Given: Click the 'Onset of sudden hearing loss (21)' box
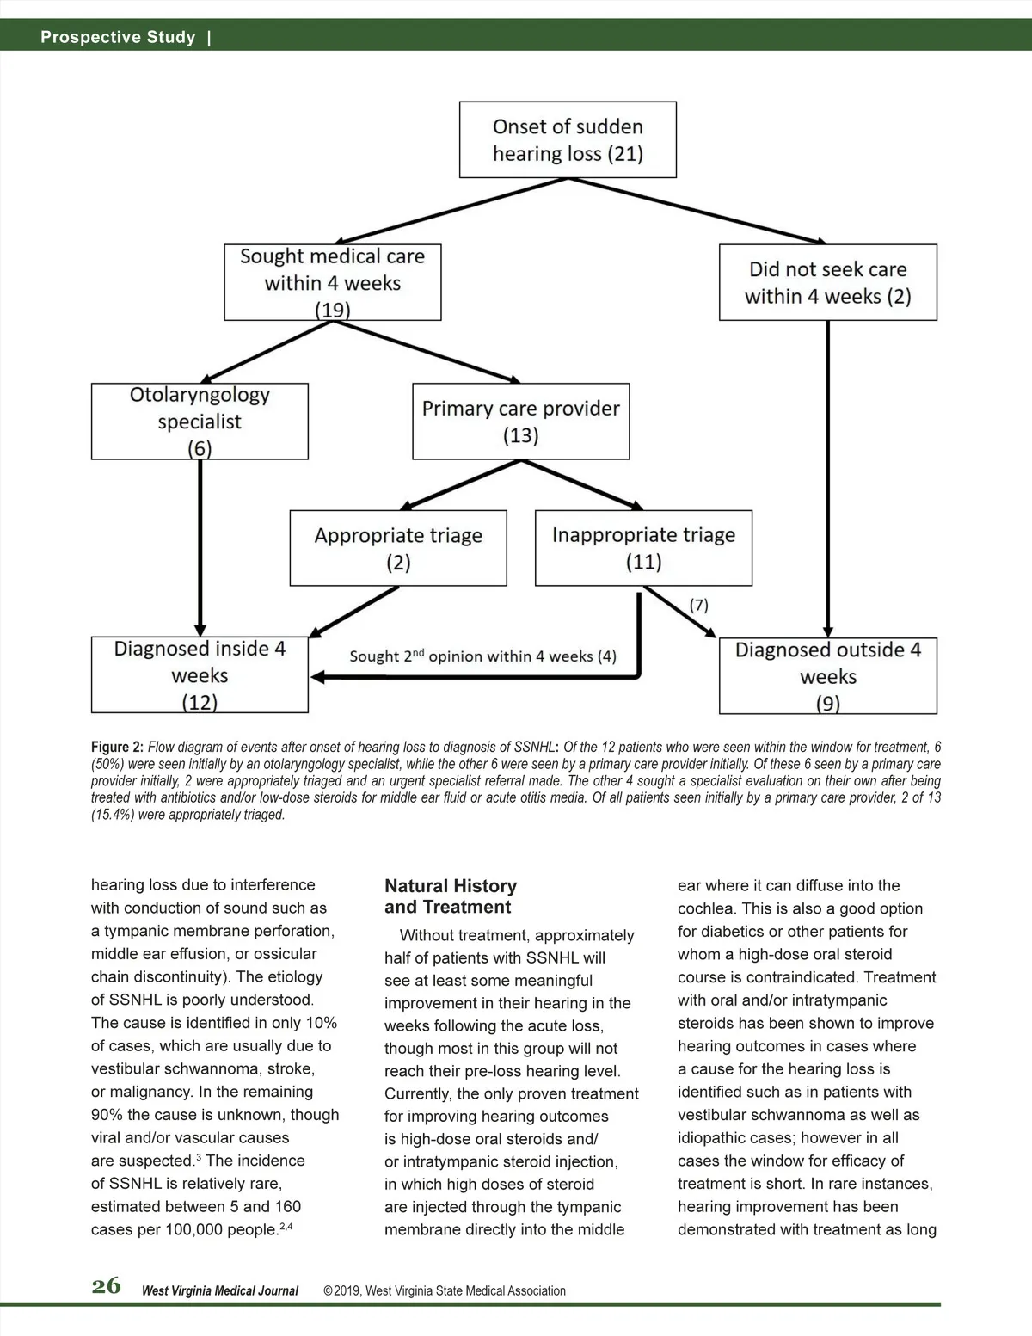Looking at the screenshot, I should pyautogui.click(x=568, y=139).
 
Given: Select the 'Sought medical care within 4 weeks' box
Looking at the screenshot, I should pyautogui.click(x=332, y=282).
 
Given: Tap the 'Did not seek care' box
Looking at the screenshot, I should pyautogui.click(x=827, y=282).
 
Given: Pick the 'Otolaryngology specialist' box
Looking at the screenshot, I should pyautogui.click(x=200, y=421).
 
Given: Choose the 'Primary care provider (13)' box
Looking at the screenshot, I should pyautogui.click(x=520, y=421).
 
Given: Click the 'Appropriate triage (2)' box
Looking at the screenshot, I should pyautogui.click(x=398, y=548).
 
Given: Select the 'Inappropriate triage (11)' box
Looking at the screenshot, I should pyautogui.click(x=643, y=548).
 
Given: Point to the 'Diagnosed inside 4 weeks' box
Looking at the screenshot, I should pyautogui.click(x=200, y=674).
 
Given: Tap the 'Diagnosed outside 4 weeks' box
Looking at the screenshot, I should pyautogui.click(x=827, y=675).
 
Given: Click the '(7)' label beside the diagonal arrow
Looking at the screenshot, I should pyautogui.click(x=699, y=605).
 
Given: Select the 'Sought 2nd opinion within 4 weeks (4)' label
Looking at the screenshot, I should pyautogui.click(x=482, y=656).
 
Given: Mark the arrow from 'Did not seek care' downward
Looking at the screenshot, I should pyautogui.click(x=828, y=477).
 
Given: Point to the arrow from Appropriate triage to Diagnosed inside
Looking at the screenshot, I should pyautogui.click(x=355, y=612).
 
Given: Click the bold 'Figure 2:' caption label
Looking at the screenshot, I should pyautogui.click(x=118, y=748).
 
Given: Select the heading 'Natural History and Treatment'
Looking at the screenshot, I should pyautogui.click(x=451, y=896).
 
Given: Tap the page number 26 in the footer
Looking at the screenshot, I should pyautogui.click(x=107, y=1286).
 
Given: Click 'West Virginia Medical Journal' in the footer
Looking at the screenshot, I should pyautogui.click(x=220, y=1290).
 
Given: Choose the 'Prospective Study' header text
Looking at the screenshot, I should pyautogui.click(x=118, y=37).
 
